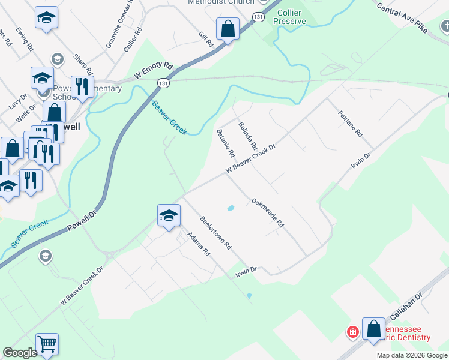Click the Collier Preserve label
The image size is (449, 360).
tap(289, 17)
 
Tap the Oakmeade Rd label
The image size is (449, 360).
tap(267, 213)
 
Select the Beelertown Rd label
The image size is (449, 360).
tap(216, 233)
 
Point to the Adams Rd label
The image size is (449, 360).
tap(197, 244)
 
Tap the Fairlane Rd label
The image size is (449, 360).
tap(351, 123)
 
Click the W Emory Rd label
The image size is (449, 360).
tap(153, 71)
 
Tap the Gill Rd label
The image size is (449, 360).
tap(206, 40)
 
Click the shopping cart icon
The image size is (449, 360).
tap(47, 344)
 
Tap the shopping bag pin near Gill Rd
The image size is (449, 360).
tap(228, 28)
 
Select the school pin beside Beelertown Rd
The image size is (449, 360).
tap(169, 215)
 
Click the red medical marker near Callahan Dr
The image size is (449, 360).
tap(353, 331)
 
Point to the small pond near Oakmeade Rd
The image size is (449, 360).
tap(230, 209)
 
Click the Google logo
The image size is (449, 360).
tap(20, 353)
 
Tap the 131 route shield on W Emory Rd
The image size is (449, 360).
tap(164, 84)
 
